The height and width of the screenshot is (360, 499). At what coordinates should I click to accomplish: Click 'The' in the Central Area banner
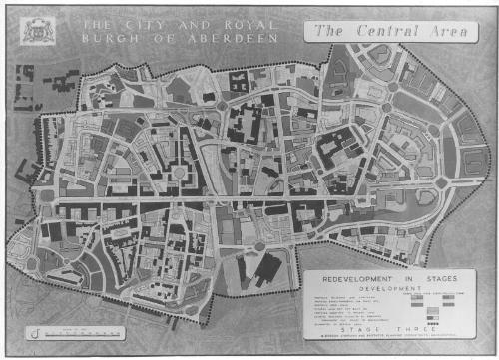[x=332, y=30]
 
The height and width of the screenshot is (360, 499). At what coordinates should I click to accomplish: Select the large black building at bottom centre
[x=268, y=268]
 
